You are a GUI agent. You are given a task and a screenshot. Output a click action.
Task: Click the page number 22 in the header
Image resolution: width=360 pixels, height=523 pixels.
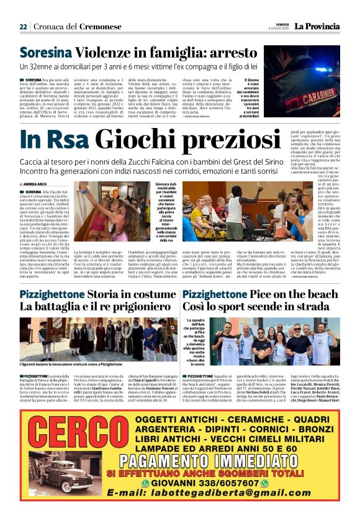(x=23, y=27)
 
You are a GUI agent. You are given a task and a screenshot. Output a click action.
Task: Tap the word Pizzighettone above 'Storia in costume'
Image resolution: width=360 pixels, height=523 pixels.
(x=55, y=294)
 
